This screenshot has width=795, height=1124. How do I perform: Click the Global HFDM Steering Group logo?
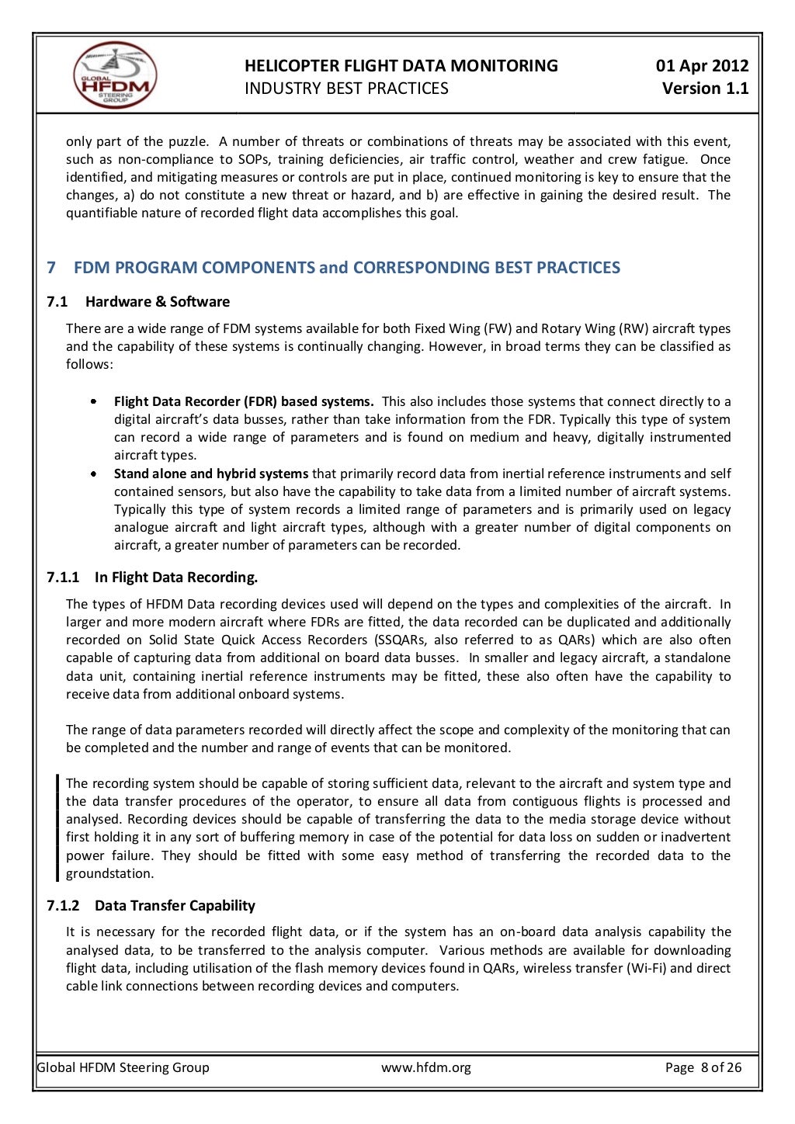click(x=116, y=75)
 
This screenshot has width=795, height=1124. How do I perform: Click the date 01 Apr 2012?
click(x=702, y=66)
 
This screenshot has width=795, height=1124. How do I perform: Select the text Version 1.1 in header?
click(x=705, y=88)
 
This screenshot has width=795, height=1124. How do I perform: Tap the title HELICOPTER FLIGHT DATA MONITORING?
click(x=401, y=66)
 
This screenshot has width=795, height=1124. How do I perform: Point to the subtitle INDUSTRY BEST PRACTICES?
click(x=346, y=88)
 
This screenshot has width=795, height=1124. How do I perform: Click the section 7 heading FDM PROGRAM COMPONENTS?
click(x=346, y=268)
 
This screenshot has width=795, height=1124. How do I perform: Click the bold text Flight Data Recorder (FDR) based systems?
click(x=244, y=401)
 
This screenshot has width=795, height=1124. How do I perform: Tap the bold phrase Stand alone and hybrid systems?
click(x=211, y=474)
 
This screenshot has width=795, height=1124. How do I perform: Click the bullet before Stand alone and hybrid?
click(x=93, y=474)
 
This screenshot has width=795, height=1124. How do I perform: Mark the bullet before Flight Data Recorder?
click(x=93, y=402)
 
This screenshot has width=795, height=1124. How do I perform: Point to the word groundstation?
click(x=109, y=873)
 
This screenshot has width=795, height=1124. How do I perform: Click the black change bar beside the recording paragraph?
click(x=57, y=827)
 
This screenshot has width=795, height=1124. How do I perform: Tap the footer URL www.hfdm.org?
click(x=425, y=1067)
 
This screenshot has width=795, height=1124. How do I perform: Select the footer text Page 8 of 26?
click(x=703, y=1067)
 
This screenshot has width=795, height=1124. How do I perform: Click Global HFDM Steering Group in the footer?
click(x=123, y=1067)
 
